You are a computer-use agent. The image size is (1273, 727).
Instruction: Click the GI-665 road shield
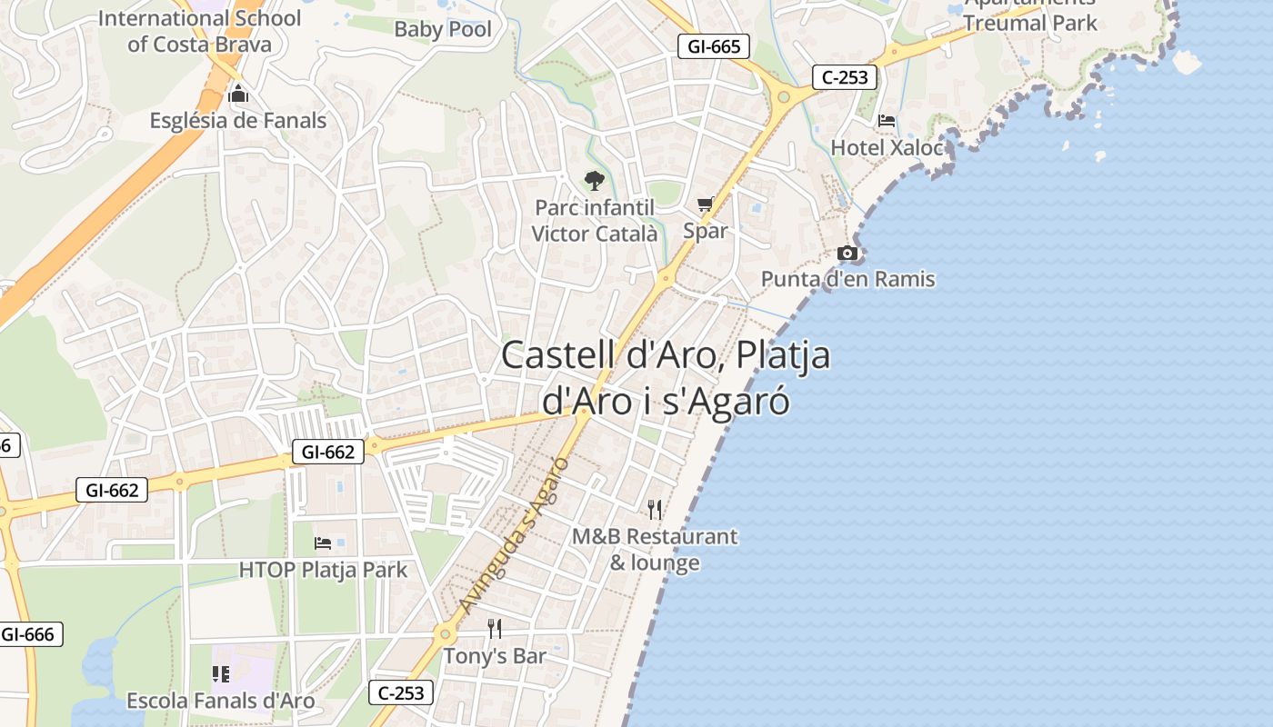tap(714, 46)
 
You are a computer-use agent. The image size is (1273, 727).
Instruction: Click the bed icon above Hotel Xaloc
tap(887, 120)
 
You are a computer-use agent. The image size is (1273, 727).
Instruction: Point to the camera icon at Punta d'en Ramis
tap(847, 253)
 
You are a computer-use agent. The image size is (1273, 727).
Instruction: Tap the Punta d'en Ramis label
tap(847, 279)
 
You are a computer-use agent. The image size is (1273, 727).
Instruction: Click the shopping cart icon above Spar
tap(706, 204)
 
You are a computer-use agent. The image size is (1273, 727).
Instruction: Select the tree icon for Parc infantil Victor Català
tap(594, 180)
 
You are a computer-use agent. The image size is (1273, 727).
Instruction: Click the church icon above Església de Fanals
tap(238, 94)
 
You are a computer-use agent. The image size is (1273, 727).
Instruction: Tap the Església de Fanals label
tap(238, 120)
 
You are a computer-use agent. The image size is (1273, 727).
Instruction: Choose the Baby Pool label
tap(443, 29)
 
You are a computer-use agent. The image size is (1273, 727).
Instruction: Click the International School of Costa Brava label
tap(199, 31)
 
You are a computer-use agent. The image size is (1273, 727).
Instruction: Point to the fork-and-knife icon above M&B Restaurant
tap(655, 509)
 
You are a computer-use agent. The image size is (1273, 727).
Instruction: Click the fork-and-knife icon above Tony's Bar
tap(495, 628)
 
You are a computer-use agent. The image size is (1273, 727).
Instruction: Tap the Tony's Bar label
tap(495, 655)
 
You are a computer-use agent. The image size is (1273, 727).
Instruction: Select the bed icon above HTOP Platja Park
tap(323, 543)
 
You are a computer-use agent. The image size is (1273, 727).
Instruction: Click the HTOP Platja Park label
tap(323, 570)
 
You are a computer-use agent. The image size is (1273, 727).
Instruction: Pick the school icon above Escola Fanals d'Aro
tap(220, 673)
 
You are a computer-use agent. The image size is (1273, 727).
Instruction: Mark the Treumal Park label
tap(1030, 22)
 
